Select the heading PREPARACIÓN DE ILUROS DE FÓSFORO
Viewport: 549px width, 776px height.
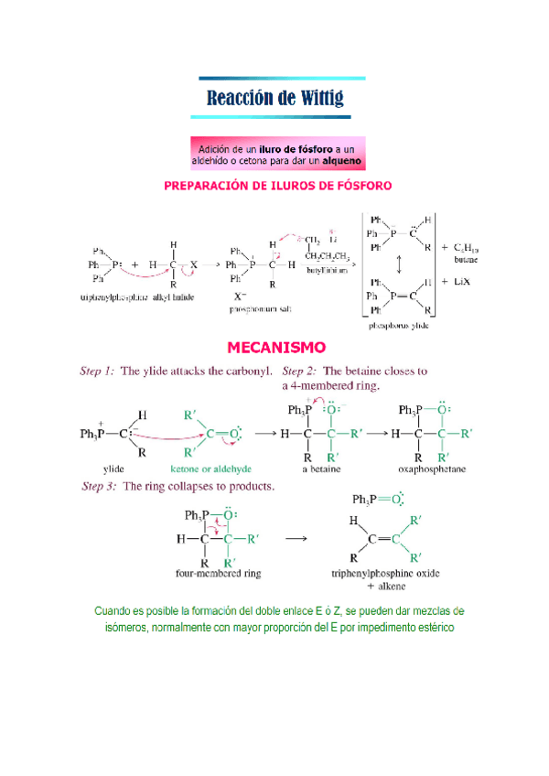(277, 186)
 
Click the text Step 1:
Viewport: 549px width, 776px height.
(98, 372)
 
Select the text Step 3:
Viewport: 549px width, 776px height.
(99, 486)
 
